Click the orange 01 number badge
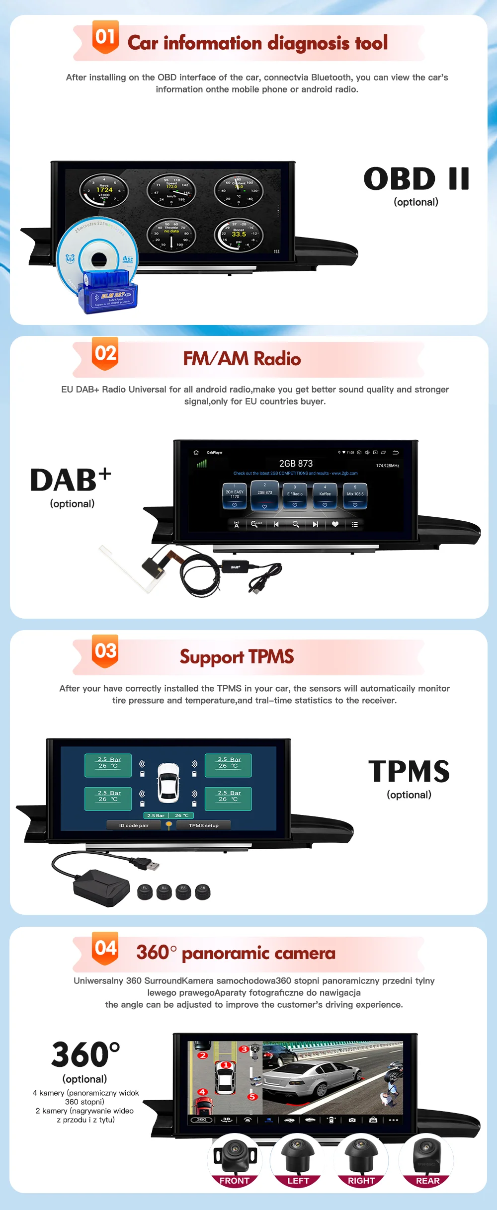(x=105, y=37)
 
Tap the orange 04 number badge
(x=105, y=948)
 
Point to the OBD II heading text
(x=416, y=179)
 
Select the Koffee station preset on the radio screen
(x=325, y=495)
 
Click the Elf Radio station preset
(x=295, y=495)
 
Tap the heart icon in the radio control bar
(x=335, y=524)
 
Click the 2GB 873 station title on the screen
(x=296, y=464)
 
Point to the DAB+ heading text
(x=71, y=480)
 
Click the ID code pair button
(x=134, y=825)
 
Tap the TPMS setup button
(x=203, y=825)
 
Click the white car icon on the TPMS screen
(x=168, y=783)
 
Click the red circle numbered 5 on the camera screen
(x=252, y=1097)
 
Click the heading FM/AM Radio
(x=242, y=359)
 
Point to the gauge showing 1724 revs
(x=104, y=191)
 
